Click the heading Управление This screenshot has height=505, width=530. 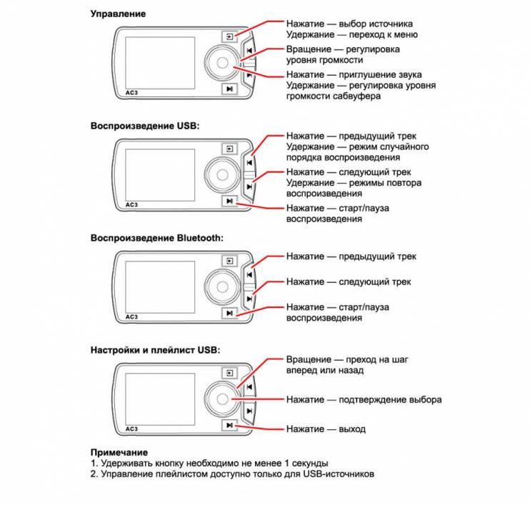pos(119,14)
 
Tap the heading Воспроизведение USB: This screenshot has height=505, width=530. pos(145,126)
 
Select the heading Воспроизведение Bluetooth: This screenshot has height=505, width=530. pos(157,238)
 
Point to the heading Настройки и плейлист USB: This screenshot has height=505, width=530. pos(155,350)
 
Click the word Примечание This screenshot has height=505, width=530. pos(119,453)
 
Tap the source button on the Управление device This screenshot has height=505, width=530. pos(229,36)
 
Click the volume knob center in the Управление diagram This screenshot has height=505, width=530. pos(222,63)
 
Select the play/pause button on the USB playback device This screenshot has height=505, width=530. pos(229,201)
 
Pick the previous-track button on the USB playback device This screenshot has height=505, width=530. pos(249,163)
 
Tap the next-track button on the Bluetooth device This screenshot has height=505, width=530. pos(249,299)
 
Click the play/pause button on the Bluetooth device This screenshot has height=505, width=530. pos(229,314)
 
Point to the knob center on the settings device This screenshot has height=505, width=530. pos(222,399)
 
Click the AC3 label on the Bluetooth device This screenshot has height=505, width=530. pos(131,317)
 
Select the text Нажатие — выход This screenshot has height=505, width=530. pos(326,429)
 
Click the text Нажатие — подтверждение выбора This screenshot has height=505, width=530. pos(364,400)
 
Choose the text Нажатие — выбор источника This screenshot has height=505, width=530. pos(349,24)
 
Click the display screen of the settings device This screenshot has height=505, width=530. pos(160,399)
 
